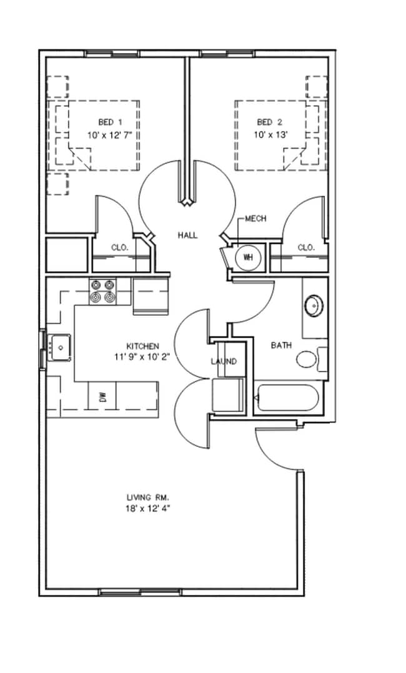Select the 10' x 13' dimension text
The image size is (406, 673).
270,135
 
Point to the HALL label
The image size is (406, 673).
188,235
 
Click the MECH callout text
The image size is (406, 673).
255,219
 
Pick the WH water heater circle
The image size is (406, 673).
248,257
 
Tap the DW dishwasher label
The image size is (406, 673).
102,398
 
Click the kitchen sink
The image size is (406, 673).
59,347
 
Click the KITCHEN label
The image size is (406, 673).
142,346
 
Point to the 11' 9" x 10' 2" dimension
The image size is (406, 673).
142,356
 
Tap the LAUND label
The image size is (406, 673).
224,361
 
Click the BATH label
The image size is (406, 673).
282,345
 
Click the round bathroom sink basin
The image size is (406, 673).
314,306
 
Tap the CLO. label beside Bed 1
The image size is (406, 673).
119,248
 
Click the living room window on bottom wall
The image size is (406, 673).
141,592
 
